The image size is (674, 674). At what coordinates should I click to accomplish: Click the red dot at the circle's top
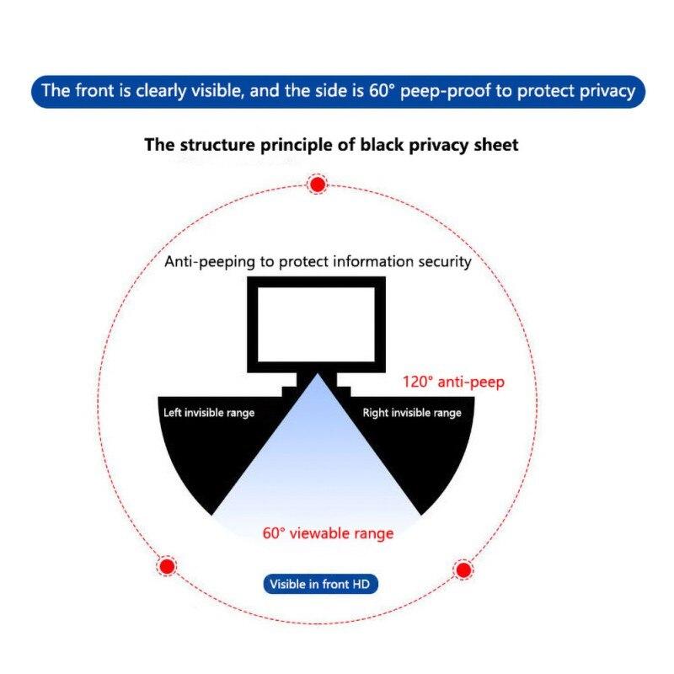[318, 185]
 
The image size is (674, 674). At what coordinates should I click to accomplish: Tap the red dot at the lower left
[167, 565]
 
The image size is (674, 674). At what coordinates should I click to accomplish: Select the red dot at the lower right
[463, 570]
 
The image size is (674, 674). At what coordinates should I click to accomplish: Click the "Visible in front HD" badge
[322, 583]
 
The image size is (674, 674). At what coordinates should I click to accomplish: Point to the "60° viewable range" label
[328, 532]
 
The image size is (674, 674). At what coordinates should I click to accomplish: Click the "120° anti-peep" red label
[452, 382]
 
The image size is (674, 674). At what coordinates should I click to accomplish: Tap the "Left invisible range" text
[208, 413]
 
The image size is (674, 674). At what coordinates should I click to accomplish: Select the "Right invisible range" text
[412, 413]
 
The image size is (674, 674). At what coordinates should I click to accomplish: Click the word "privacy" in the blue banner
[606, 91]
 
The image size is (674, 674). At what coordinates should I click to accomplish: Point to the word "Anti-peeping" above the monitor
[209, 261]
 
